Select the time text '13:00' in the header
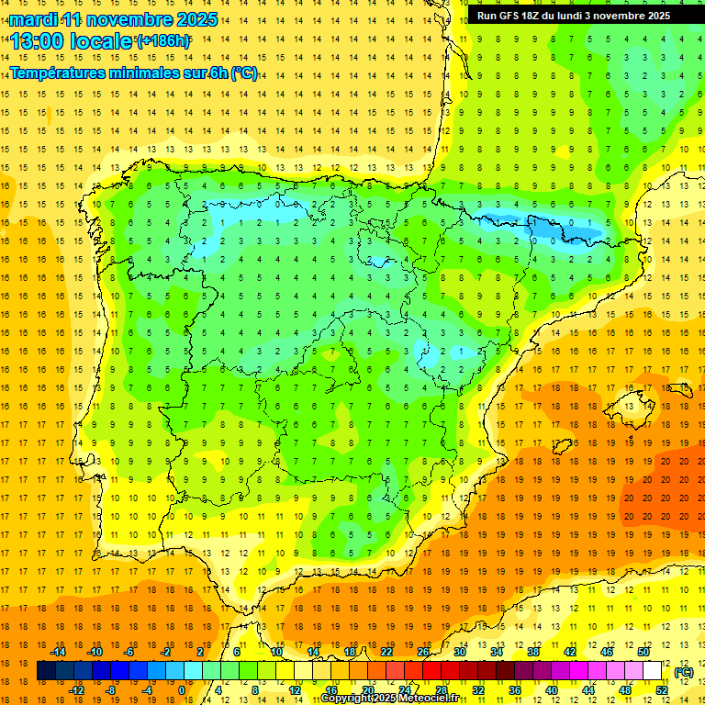(x=39, y=41)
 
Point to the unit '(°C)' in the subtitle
(x=244, y=73)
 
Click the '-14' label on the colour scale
(x=59, y=652)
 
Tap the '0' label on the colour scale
(x=181, y=689)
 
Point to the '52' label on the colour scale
(x=661, y=689)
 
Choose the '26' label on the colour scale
(x=423, y=652)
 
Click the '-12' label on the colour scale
(x=77, y=689)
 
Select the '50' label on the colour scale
(x=643, y=652)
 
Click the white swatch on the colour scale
(x=652, y=671)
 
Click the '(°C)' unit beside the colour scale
(x=684, y=672)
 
